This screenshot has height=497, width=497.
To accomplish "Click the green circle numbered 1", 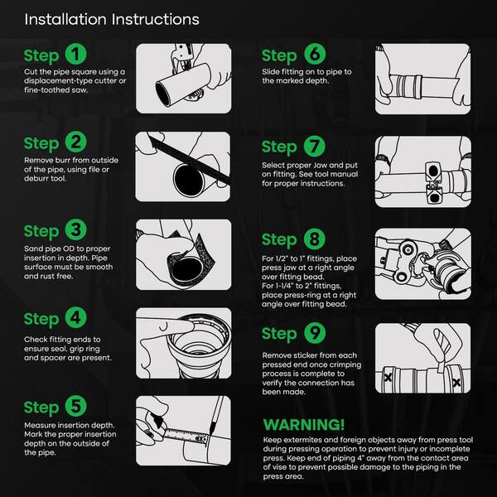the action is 75,55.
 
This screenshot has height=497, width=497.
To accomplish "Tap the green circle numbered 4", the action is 75,317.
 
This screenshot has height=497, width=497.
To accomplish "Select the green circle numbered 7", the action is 315,146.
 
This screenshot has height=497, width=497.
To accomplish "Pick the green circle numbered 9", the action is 315,333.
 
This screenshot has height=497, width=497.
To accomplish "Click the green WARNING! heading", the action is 304,425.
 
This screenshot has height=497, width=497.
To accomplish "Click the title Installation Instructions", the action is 112,19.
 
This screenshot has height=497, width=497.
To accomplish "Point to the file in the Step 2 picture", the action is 190,160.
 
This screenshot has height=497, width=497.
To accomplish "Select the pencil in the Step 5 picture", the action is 216,415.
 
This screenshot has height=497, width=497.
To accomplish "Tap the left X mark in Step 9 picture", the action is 388,377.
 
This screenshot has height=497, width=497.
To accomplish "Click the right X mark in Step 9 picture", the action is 456,383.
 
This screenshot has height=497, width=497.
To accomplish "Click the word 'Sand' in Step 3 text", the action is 33,248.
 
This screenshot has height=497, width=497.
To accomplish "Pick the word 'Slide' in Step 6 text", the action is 271,72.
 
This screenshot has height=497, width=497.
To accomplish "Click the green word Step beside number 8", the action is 279,239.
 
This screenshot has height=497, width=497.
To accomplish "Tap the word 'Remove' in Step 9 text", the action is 277,355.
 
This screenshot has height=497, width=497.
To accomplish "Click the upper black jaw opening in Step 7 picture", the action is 433,171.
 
